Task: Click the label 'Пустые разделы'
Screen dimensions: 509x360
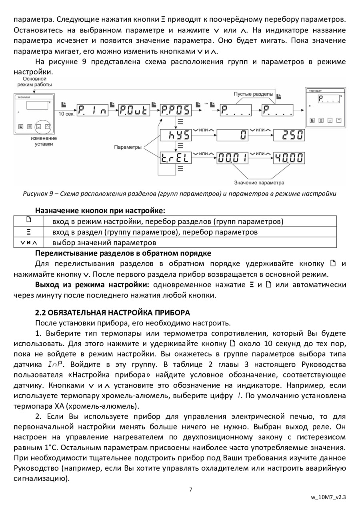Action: tap(254, 94)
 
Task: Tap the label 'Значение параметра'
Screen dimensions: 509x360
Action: tap(259, 182)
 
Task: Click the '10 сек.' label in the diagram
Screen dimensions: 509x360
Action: tap(66, 114)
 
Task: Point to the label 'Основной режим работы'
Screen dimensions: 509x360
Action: tap(34, 82)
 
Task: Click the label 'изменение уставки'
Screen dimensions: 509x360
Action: tap(44, 141)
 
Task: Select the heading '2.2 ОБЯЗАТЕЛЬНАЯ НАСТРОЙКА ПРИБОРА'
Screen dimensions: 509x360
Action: tap(112, 312)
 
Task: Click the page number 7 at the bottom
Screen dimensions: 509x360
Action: tap(191, 489)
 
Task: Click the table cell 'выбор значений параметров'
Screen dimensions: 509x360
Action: tap(104, 242)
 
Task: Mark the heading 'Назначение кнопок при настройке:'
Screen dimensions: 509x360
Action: tap(100, 210)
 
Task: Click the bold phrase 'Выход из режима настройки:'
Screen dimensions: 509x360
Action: tap(92, 285)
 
